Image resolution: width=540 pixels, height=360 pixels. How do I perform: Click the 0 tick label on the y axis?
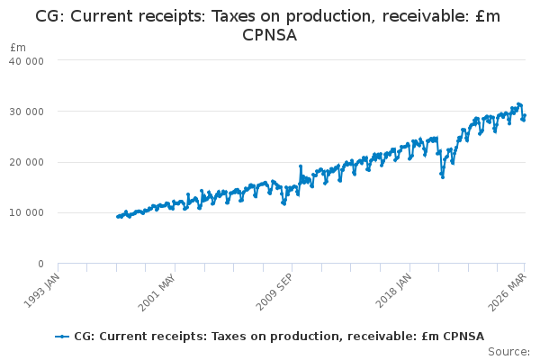coord(40,264)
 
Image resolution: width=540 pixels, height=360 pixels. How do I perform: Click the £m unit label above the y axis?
coord(18,47)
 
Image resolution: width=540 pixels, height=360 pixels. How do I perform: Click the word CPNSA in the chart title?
coord(270,35)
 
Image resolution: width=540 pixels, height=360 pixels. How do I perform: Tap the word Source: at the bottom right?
coord(509,351)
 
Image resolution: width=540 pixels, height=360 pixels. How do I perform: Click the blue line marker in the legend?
coord(62,337)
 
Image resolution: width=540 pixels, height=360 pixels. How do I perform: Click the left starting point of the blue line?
coord(118,217)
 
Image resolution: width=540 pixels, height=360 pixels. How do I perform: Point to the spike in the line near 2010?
coord(300,166)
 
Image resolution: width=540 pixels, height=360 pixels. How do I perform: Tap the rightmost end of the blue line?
coord(525,115)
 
